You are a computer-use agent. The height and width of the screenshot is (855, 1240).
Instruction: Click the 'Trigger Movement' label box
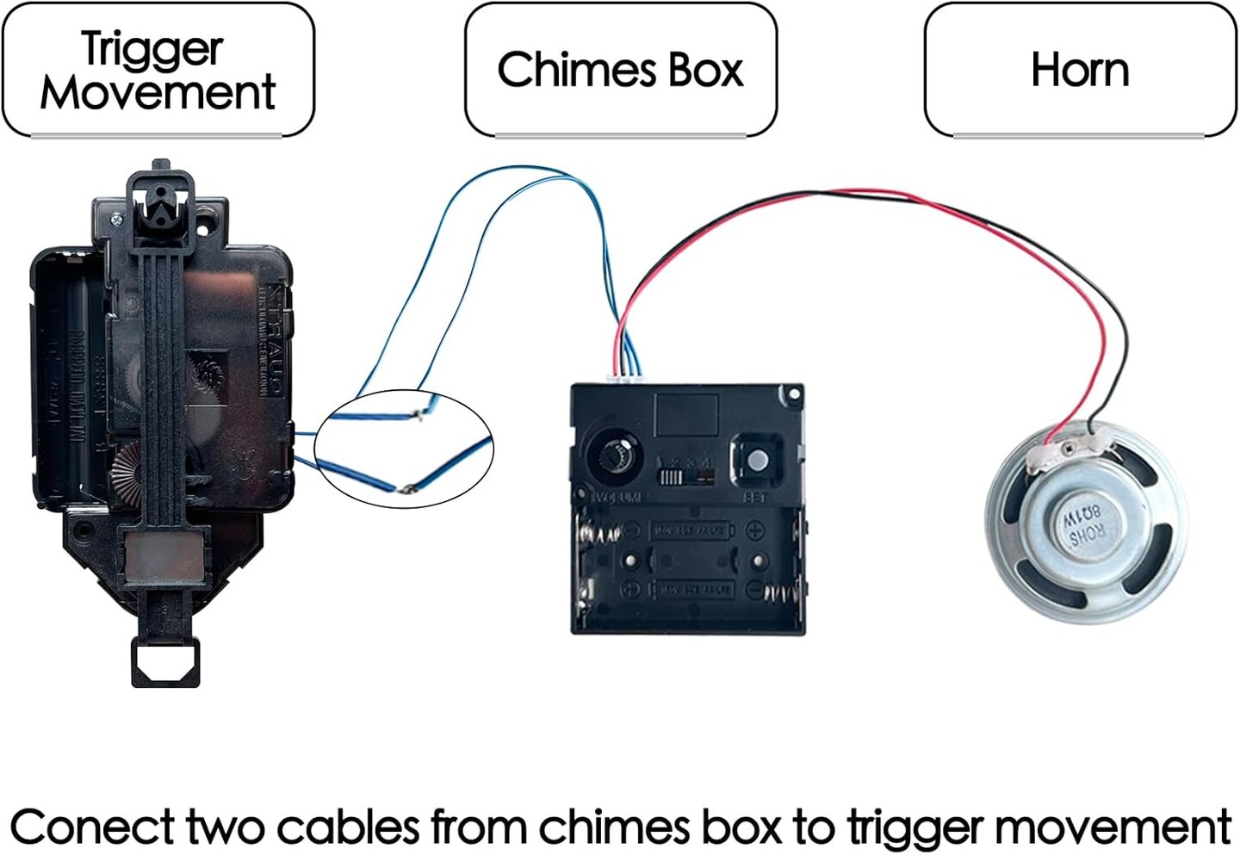coord(158,70)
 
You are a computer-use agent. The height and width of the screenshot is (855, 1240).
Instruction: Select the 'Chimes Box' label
coord(620,70)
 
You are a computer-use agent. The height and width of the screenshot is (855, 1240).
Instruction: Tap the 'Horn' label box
coord(1080,70)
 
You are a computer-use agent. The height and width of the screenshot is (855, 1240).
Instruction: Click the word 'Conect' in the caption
coord(92,827)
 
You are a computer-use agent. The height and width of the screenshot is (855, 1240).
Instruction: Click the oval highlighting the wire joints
coord(403,449)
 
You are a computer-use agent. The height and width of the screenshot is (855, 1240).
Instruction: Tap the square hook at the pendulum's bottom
coord(165,663)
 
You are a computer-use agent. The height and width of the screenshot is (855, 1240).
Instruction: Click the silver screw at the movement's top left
coord(116,219)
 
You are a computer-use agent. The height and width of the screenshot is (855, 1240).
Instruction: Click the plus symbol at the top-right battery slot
coord(755,530)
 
